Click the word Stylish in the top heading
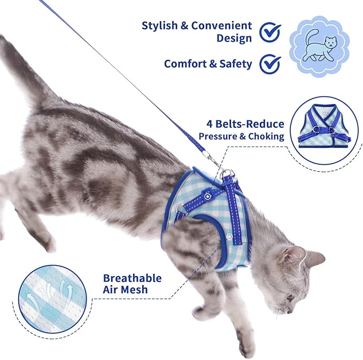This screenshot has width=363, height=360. pos(159,26)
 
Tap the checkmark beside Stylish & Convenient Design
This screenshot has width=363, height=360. pos(270,32)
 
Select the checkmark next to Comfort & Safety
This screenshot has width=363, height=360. pos(270,64)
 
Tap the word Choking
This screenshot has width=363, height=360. pos(266,136)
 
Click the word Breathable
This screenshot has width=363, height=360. pos(132,278)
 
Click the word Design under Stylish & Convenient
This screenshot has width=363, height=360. pos(234,39)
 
